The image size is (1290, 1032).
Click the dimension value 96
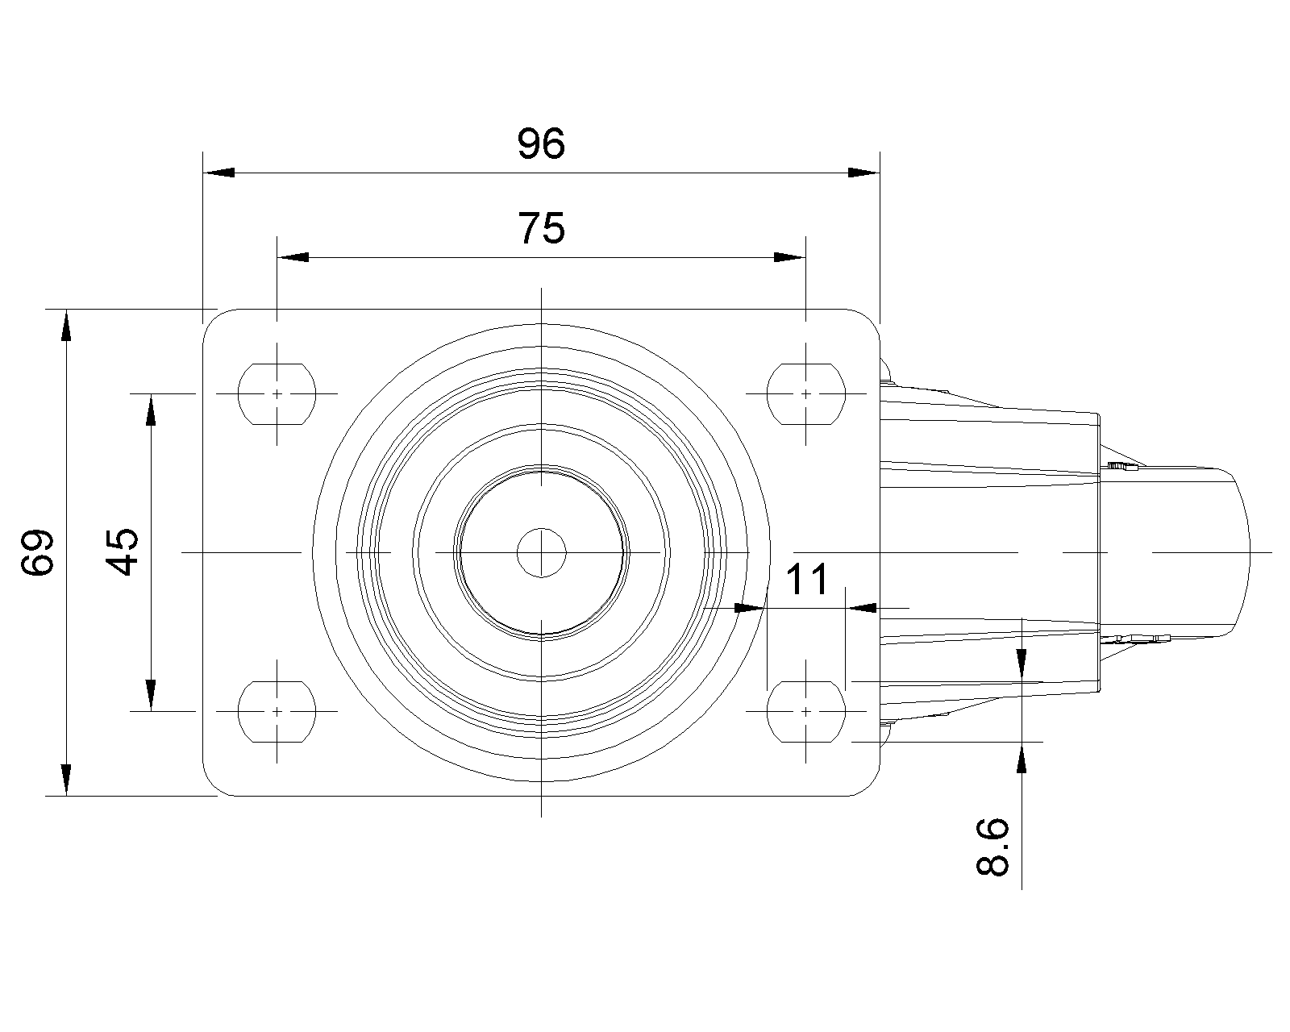[x=541, y=144]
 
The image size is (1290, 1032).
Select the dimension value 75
[x=541, y=228]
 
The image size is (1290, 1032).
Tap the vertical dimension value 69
[x=38, y=552]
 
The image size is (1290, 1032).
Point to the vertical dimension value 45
[x=122, y=551]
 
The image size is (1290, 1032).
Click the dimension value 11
[x=807, y=579]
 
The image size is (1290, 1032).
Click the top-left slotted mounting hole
[x=277, y=394]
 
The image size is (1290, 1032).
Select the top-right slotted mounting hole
[x=806, y=394]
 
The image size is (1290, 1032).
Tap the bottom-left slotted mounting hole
[x=277, y=712]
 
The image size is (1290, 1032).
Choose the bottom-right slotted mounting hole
[x=806, y=712]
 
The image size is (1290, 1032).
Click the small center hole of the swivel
[x=541, y=552]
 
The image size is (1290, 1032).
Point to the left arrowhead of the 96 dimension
[x=218, y=173]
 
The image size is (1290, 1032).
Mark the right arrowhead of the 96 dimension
[x=863, y=173]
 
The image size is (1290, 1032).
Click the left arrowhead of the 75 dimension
[x=293, y=257]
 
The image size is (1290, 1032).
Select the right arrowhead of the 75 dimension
[x=789, y=257]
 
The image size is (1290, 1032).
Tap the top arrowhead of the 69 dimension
[x=66, y=325]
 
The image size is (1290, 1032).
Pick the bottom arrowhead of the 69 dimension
[x=66, y=780]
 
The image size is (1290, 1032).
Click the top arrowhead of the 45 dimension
[x=151, y=410]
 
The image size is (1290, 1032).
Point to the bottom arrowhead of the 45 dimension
[x=151, y=696]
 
